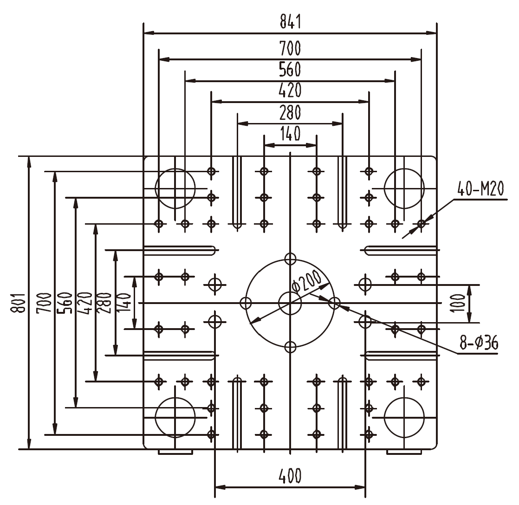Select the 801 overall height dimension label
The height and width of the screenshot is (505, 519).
[x=19, y=303]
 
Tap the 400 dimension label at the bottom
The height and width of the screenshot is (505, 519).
[x=290, y=476]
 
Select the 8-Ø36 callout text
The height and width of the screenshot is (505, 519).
[x=479, y=343]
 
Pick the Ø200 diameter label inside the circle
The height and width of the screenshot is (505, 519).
[x=307, y=283]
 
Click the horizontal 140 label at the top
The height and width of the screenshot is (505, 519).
[x=290, y=134]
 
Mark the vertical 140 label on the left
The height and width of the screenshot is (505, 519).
[x=126, y=303]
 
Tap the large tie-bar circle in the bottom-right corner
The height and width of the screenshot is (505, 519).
[x=404, y=417]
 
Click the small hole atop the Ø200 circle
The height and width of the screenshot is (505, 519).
[x=290, y=259]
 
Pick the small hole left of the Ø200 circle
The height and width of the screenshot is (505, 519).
[x=246, y=303]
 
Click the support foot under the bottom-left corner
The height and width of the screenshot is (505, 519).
[x=175, y=452]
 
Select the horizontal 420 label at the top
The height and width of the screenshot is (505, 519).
[x=290, y=90]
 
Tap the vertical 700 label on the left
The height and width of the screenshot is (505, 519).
[x=45, y=303]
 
